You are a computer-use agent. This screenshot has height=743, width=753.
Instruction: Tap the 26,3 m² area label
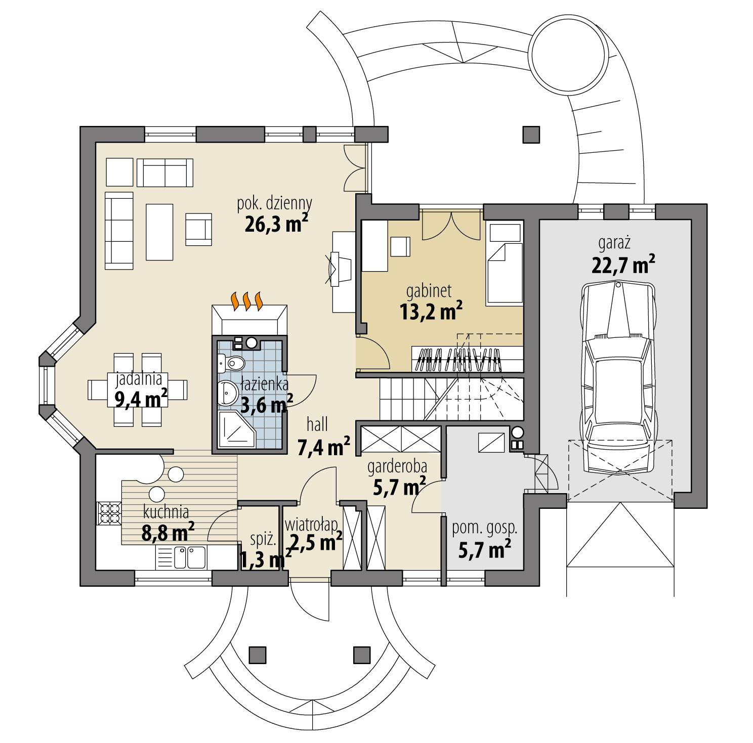[276, 223]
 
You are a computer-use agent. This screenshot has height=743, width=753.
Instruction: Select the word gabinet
[428, 292]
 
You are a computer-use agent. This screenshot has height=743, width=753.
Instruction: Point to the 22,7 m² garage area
[622, 265]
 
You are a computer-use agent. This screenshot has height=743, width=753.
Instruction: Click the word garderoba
[397, 465]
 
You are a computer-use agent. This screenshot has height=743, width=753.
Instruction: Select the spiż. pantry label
[263, 540]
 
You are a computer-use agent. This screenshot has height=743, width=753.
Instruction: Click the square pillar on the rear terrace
[531, 134]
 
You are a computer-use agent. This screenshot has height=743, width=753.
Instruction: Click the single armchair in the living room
[198, 226]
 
